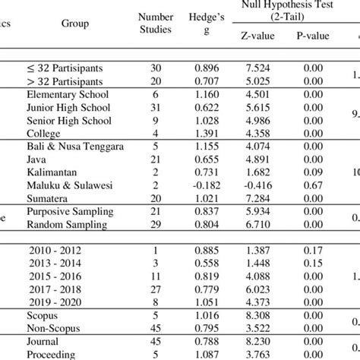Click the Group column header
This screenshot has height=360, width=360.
point(75,24)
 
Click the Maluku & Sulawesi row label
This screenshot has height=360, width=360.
point(68,185)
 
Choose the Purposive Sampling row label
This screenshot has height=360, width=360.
point(71,210)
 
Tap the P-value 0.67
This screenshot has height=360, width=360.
point(311,185)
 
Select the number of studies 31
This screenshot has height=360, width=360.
point(154,108)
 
